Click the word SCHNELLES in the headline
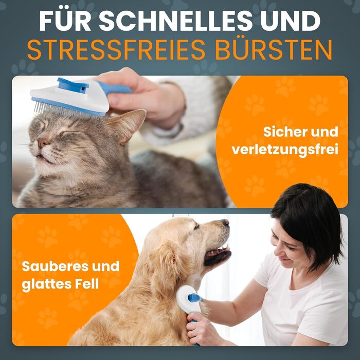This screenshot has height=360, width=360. pyautogui.click(x=176, y=21)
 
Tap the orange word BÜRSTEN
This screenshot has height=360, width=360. pyautogui.click(x=274, y=50)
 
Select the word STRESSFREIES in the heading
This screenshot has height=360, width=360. pyautogui.click(x=116, y=50)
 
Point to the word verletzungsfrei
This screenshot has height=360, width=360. pyautogui.click(x=285, y=150)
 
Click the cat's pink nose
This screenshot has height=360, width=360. pyautogui.click(x=43, y=142)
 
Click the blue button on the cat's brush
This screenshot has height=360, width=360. pyautogui.click(x=73, y=85)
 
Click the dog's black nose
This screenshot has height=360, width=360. pyautogui.click(x=226, y=222)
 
